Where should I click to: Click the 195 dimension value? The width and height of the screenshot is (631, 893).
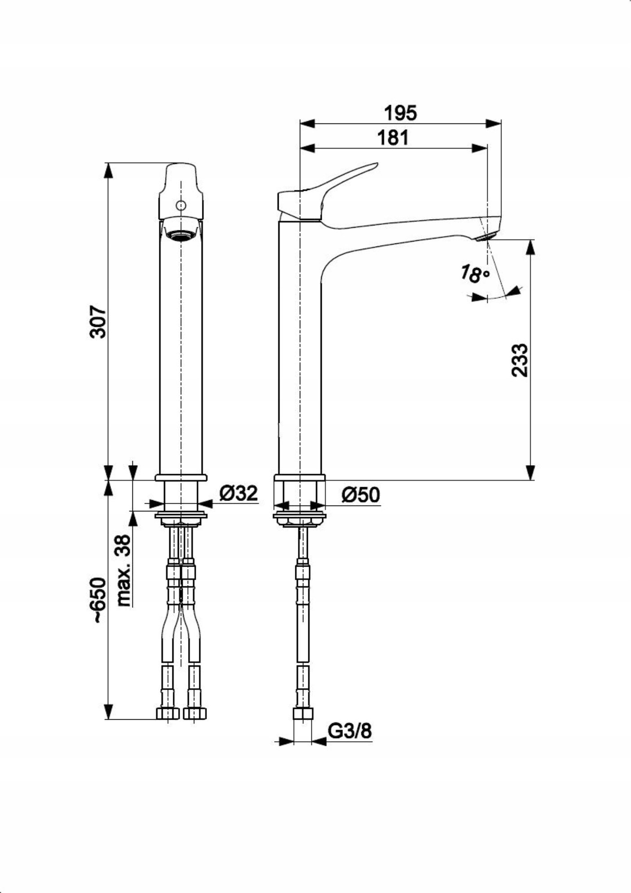400,113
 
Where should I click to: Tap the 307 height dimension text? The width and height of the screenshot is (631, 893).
98,321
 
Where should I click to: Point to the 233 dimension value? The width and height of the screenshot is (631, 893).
520,360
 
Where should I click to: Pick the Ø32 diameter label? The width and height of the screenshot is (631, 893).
238,493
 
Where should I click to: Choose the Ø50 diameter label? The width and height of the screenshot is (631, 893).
360,495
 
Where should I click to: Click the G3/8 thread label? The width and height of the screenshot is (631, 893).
350,731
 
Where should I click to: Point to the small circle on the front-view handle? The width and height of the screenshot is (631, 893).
181,206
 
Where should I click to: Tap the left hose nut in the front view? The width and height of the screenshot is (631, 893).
167,714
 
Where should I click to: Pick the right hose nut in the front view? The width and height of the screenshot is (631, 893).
194,714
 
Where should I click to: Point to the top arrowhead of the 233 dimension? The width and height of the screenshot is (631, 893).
530,247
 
